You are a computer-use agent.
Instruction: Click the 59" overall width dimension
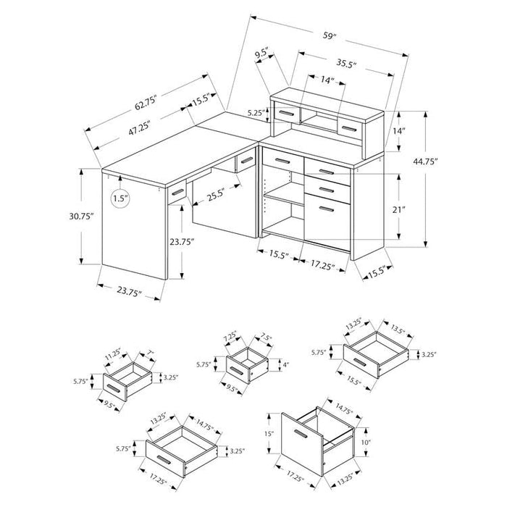tap(330, 35)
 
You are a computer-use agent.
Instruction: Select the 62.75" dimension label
tap(146, 103)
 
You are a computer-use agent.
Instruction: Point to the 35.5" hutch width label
tap(346, 64)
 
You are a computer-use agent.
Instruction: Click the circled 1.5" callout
tap(121, 198)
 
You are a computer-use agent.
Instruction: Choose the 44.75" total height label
tap(425, 162)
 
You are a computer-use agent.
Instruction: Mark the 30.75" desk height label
tap(81, 217)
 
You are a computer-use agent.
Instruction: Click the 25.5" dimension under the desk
tap(216, 196)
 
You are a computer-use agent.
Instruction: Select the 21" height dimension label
tap(398, 210)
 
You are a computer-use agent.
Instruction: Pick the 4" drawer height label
tap(285, 365)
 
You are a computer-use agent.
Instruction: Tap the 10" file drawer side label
tap(365, 442)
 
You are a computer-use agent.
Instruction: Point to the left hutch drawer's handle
tap(286, 114)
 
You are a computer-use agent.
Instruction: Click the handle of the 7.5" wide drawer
tap(238, 371)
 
